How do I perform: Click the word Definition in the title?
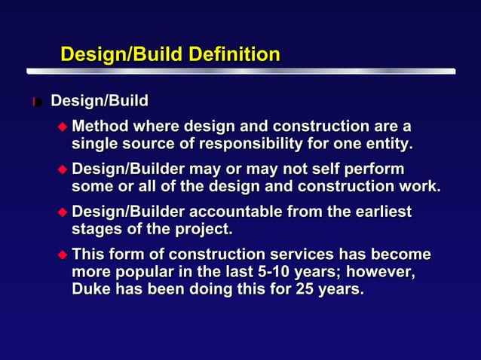coord(234,55)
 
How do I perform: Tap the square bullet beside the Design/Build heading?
coord(36,102)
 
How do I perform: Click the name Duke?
coord(92,288)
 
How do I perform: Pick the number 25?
coord(299,288)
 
